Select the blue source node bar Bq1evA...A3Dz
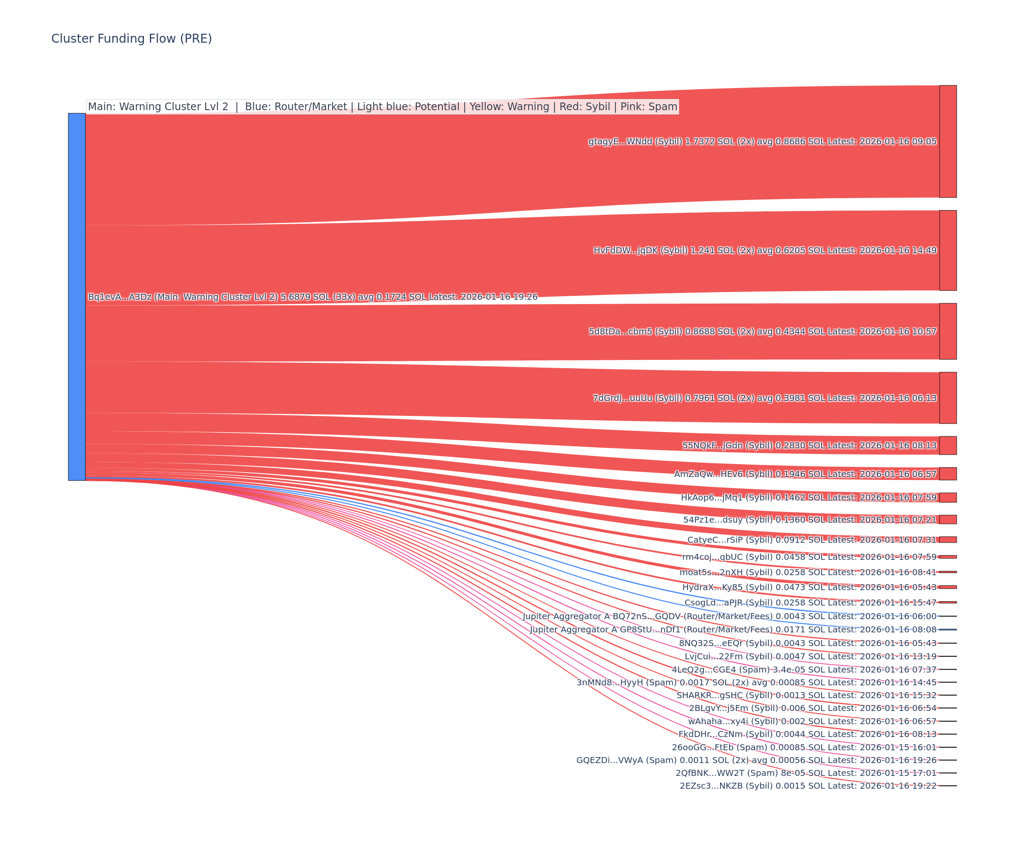point(76,297)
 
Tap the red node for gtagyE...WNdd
point(948,141)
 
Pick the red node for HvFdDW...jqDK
point(948,250)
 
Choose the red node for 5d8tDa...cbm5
point(948,331)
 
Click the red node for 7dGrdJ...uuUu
point(948,398)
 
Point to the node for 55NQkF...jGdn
point(948,445)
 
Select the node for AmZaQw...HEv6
point(948,474)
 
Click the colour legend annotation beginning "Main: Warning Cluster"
point(382,107)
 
